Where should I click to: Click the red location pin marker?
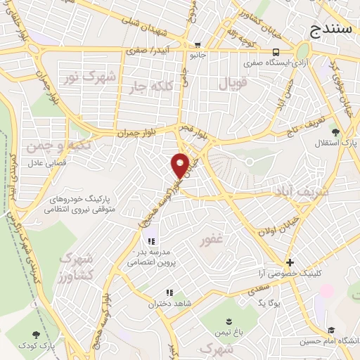click(180, 165)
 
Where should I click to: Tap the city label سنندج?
click(333, 30)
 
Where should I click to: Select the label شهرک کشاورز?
click(77, 266)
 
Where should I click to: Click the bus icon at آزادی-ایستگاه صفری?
click(276, 51)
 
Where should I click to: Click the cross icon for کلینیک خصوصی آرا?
click(289, 262)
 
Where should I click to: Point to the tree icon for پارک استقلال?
click(335, 131)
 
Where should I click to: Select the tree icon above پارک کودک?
click(37, 336)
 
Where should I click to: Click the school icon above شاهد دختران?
click(169, 293)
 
